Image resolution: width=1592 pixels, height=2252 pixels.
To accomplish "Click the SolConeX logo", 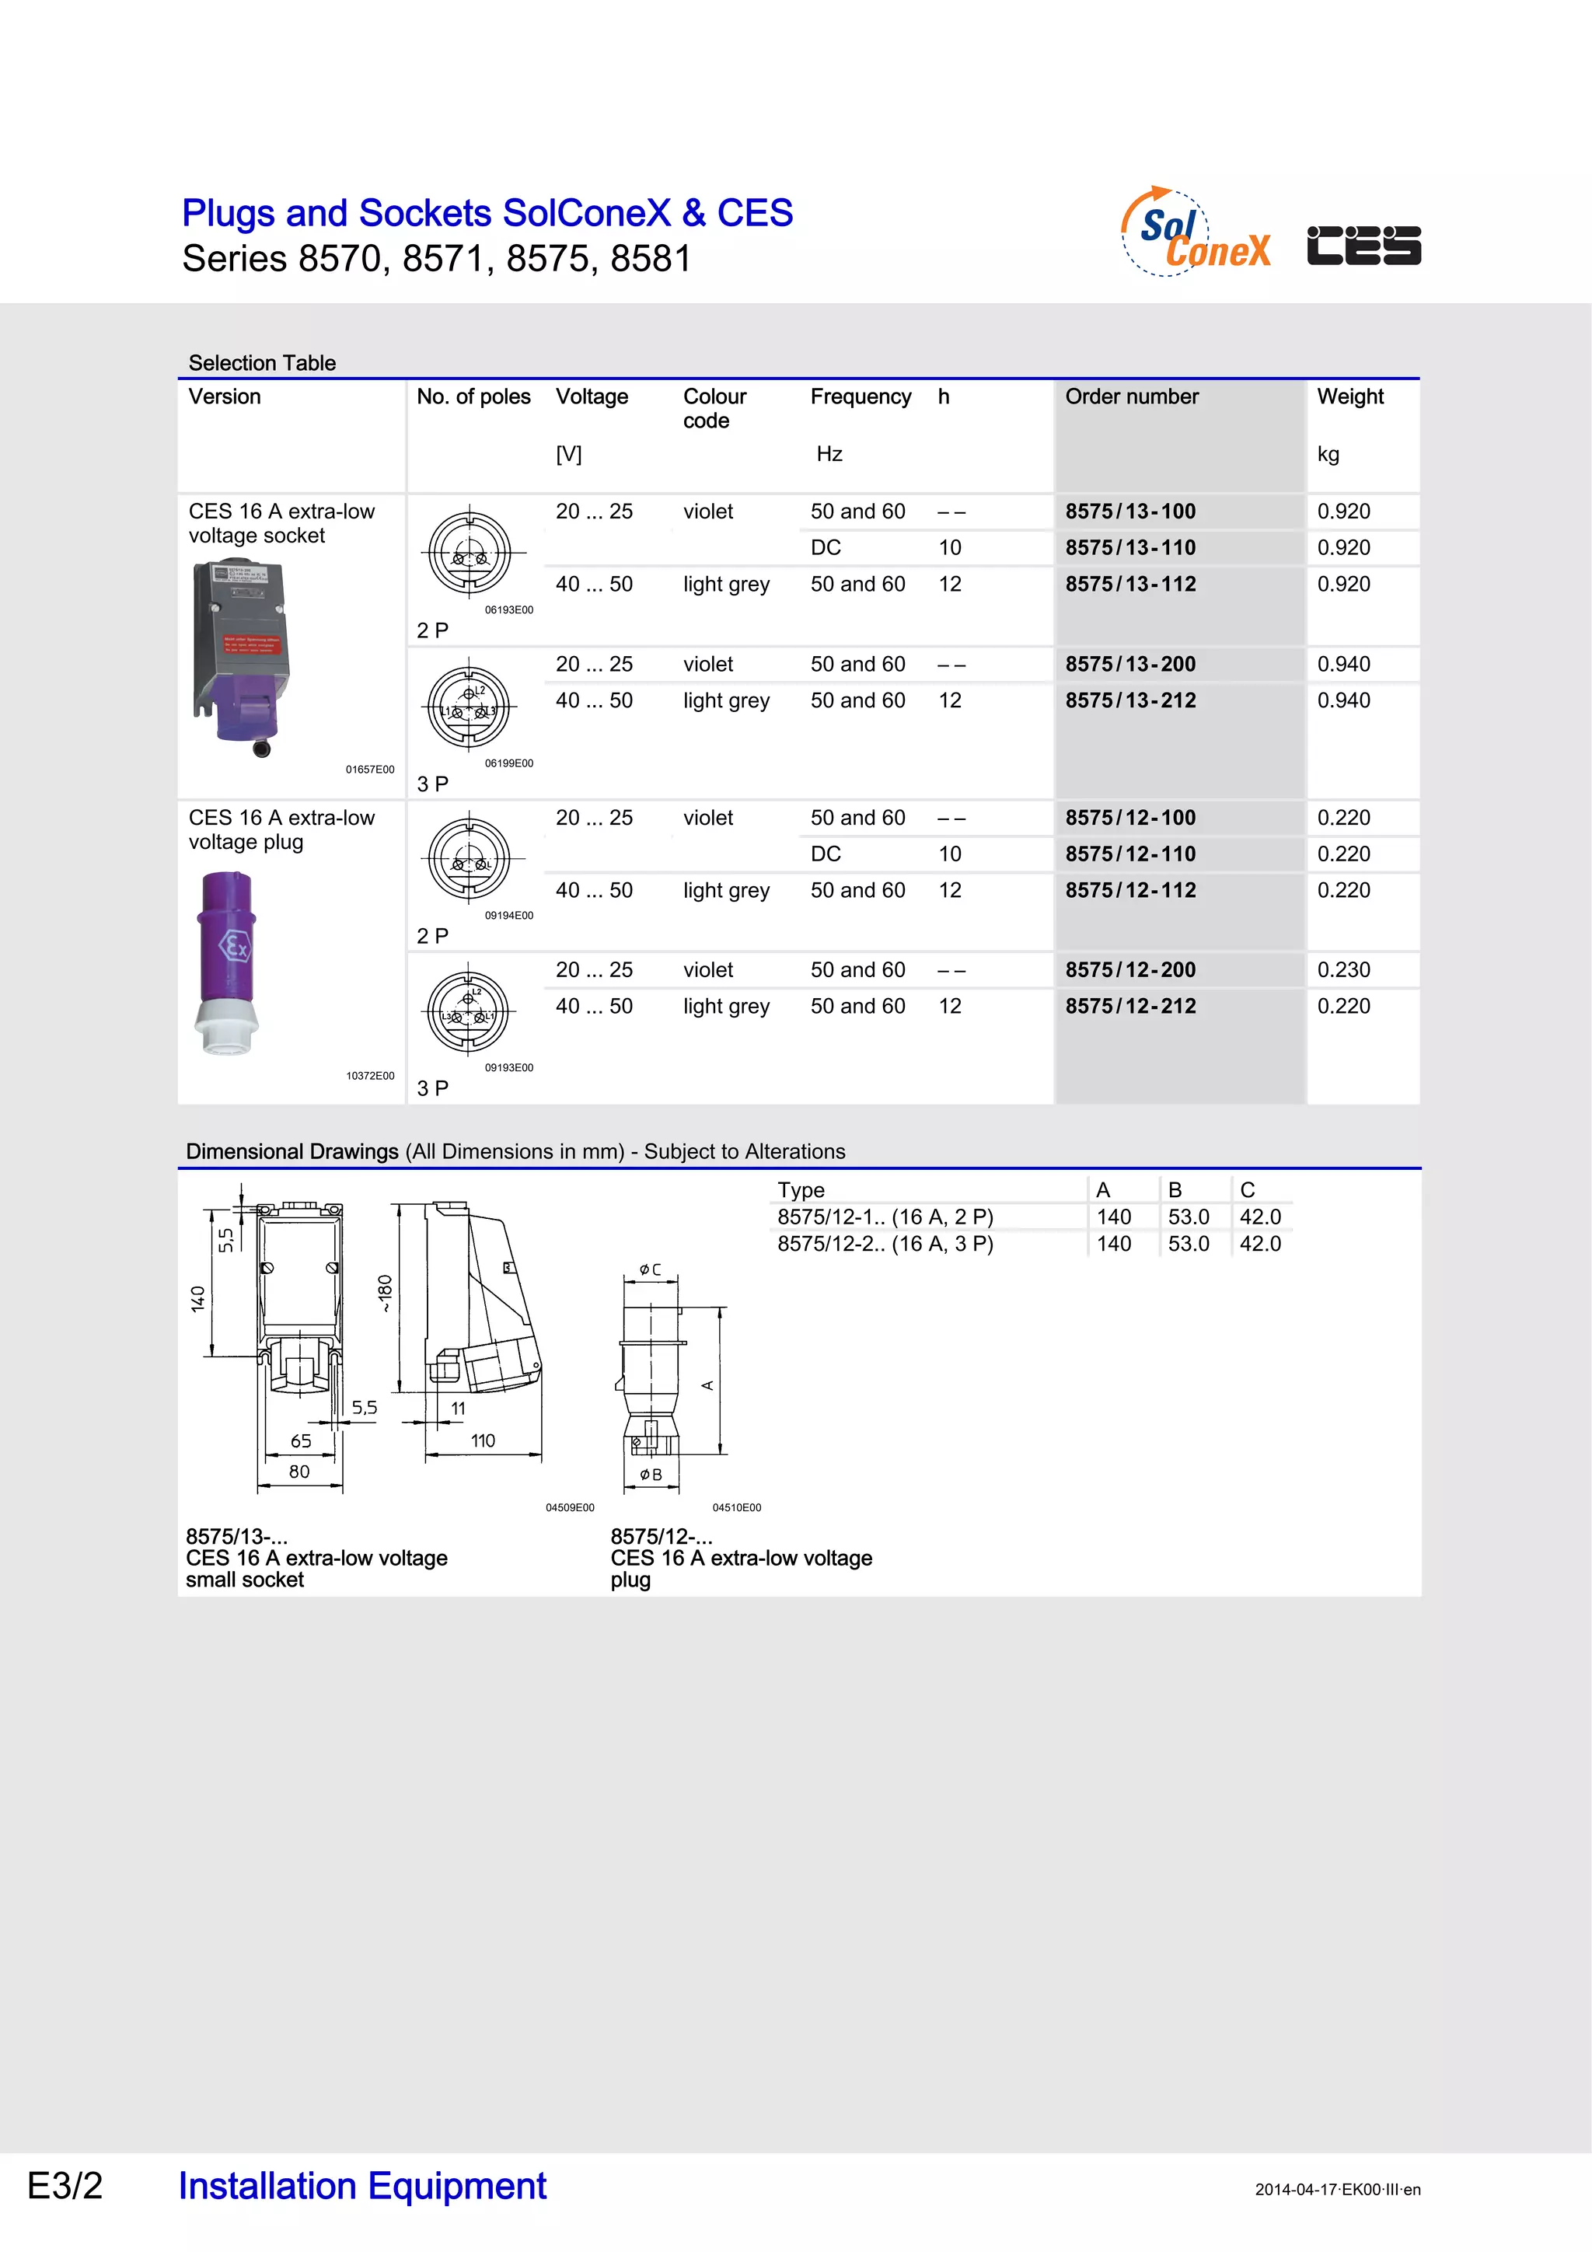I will point(1196,232).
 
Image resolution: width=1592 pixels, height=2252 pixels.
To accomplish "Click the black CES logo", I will point(1363,245).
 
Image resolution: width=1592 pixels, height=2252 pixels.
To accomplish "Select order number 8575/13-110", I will point(1130,547).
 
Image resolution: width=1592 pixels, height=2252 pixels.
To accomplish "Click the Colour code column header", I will point(714,408).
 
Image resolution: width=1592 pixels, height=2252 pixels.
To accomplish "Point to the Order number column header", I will point(1131,396).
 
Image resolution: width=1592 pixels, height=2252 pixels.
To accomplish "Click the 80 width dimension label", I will point(299,1472).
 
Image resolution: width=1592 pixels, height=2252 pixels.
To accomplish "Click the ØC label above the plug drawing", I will point(651,1269).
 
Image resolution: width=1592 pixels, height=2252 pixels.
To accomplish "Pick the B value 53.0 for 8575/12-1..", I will point(1188,1217).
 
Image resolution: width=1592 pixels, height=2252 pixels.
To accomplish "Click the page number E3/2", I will point(65,2185).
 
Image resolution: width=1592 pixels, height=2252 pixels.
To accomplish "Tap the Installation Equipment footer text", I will point(362,2185).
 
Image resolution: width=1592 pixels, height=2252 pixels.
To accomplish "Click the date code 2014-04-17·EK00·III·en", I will point(1337,2189).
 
